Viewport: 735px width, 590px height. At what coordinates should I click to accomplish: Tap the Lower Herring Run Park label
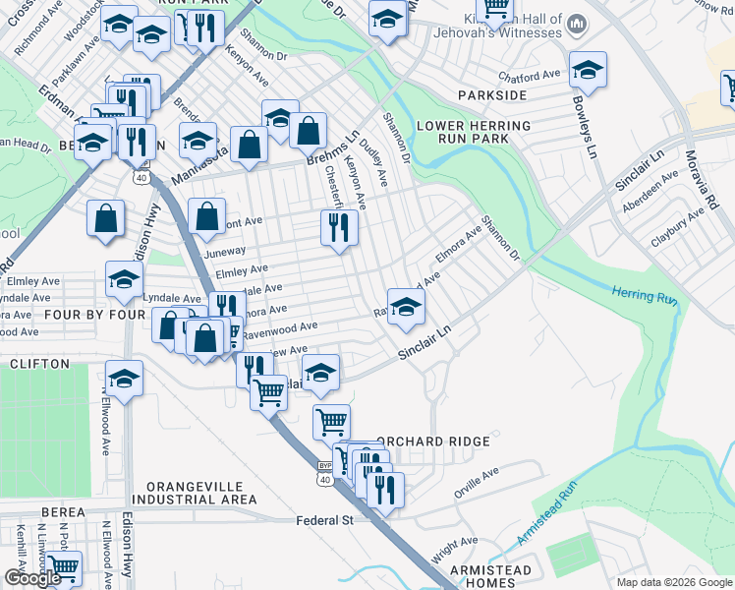pyautogui.click(x=474, y=132)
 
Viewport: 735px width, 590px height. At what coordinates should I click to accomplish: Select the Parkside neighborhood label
pyautogui.click(x=492, y=95)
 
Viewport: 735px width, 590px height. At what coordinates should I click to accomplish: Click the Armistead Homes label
pyautogui.click(x=490, y=577)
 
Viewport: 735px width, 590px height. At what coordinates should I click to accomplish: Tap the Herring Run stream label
pyautogui.click(x=645, y=293)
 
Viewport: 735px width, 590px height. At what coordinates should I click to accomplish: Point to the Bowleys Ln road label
pyautogui.click(x=581, y=127)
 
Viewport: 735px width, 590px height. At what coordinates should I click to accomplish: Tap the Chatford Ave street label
pyautogui.click(x=529, y=75)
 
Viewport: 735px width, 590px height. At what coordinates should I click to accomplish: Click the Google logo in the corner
pyautogui.click(x=31, y=578)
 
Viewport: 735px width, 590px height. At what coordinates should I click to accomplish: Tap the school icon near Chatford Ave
pyautogui.click(x=588, y=69)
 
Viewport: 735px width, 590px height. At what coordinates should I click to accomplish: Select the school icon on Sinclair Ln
pyautogui.click(x=405, y=306)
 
